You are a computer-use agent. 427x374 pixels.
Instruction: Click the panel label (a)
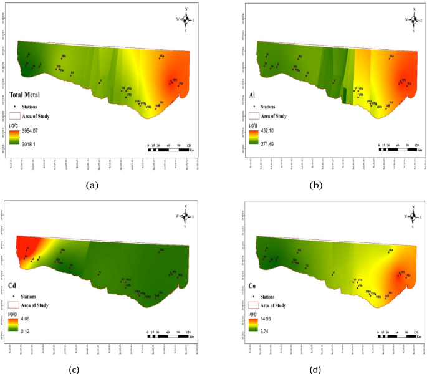coord(93,185)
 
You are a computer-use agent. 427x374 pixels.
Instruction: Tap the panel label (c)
coord(74,370)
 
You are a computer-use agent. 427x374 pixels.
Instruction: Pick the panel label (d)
coord(315,370)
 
